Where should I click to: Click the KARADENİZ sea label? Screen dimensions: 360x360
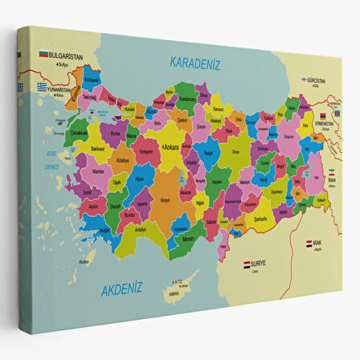(x=194, y=62)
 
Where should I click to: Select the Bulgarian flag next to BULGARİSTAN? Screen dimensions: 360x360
(x=43, y=55)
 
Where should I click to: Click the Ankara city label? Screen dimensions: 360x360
(x=171, y=147)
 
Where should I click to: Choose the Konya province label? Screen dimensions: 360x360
(x=166, y=200)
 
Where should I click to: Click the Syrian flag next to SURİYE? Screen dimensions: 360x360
(x=247, y=263)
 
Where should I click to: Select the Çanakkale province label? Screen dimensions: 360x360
(x=79, y=133)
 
